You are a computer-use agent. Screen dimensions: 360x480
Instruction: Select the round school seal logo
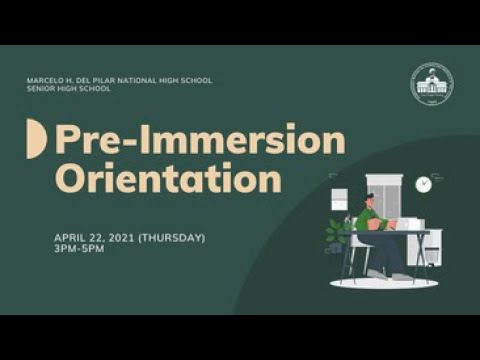pyautogui.click(x=432, y=84)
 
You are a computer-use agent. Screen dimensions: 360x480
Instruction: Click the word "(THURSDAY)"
pyautogui.click(x=171, y=238)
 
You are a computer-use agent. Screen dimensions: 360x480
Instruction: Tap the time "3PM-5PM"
pyautogui.click(x=79, y=248)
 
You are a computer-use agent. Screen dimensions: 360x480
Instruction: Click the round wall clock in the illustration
pyautogui.click(x=423, y=184)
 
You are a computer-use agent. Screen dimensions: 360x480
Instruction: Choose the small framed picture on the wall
pyautogui.click(x=339, y=200)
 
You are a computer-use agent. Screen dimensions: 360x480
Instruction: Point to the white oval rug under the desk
pyautogui.click(x=384, y=283)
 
